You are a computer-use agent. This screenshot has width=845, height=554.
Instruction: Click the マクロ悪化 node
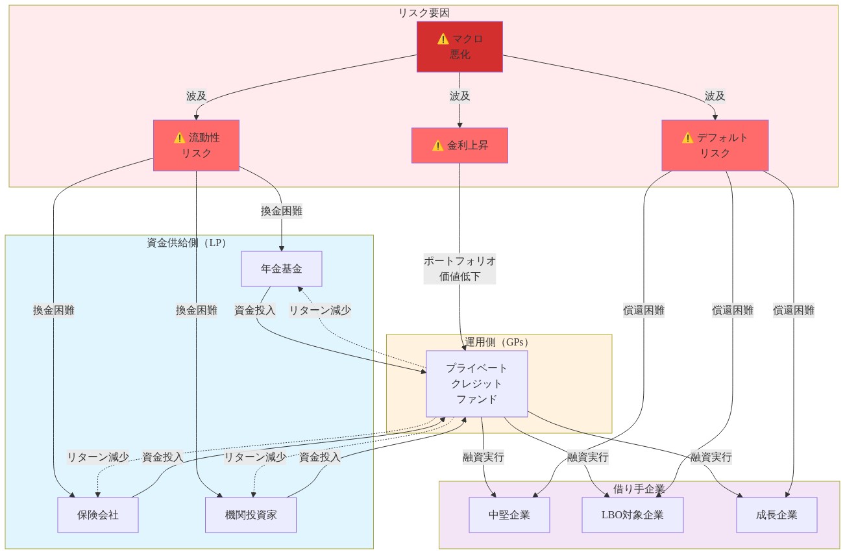459,47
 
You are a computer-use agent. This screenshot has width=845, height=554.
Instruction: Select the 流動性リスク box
196,145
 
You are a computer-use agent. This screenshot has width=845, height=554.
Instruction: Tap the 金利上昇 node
459,145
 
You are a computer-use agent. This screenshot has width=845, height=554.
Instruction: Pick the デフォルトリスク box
715,145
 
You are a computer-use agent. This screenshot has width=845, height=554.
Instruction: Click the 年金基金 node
281,269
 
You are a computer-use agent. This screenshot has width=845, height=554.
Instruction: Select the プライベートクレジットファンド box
476,383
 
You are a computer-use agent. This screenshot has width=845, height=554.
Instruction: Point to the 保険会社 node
98,515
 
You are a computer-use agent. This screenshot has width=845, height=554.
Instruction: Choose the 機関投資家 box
251,515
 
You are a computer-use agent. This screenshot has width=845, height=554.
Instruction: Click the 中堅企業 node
509,515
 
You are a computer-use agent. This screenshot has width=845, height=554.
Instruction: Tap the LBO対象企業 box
632,515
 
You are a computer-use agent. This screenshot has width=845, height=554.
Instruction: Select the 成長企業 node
776,515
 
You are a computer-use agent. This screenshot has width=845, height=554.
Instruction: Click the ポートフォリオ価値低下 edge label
459,268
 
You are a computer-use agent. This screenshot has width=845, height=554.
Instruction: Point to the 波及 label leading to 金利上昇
459,96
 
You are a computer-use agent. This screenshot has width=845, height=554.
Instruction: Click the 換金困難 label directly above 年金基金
281,211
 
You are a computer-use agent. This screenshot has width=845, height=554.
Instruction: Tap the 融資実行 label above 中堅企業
483,457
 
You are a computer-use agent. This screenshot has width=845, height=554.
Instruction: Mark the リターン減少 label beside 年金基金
320,310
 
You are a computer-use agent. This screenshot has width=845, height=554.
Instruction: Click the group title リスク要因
424,12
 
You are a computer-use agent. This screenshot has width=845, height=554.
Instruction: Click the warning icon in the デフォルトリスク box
688,138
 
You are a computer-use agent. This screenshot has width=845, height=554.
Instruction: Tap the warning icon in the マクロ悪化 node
443,39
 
